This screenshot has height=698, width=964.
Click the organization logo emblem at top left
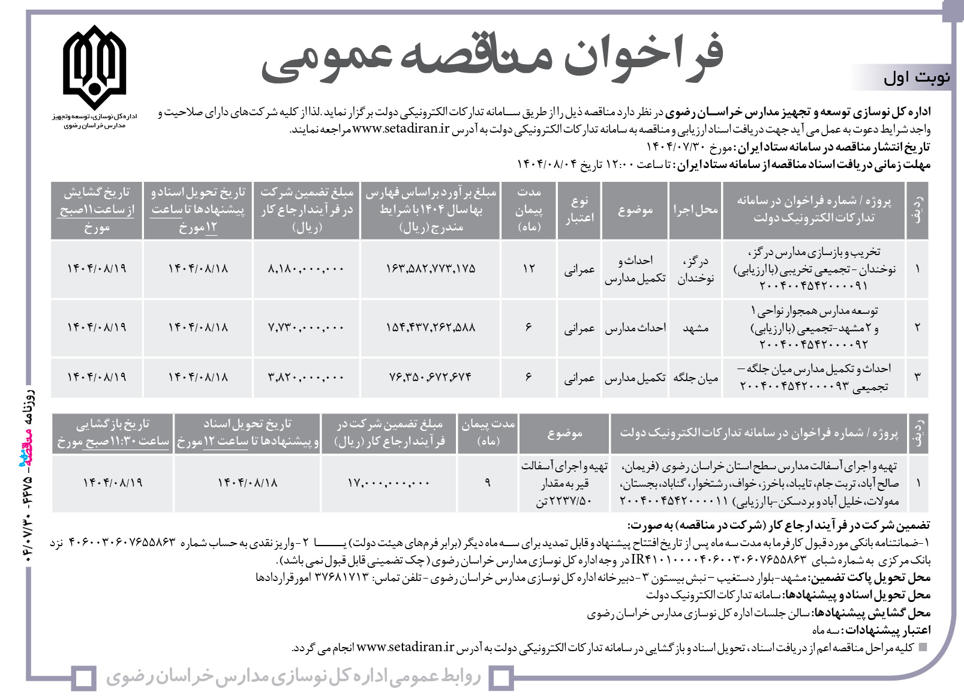[94, 66]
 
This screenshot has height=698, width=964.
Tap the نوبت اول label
[916, 78]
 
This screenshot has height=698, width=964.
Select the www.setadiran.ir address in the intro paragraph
[401, 129]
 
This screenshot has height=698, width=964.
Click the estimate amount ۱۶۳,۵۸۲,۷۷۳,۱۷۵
[431, 269]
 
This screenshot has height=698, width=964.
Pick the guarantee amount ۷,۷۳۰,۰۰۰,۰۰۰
[306, 328]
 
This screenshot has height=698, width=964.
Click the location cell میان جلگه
[695, 378]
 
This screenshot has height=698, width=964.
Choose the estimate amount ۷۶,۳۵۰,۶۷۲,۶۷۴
[431, 378]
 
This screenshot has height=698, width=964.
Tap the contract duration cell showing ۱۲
[528, 269]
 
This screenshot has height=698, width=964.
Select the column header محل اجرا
[695, 210]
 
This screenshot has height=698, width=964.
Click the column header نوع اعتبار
[579, 210]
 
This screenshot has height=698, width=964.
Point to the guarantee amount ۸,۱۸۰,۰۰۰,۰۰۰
[306, 269]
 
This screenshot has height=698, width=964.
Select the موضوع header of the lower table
[564, 433]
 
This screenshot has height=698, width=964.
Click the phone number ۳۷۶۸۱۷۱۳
[341, 578]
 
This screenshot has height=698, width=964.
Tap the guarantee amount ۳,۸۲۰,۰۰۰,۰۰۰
[306, 378]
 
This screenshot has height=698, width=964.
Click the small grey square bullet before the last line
[923, 648]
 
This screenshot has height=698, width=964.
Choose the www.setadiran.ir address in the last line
[406, 648]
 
